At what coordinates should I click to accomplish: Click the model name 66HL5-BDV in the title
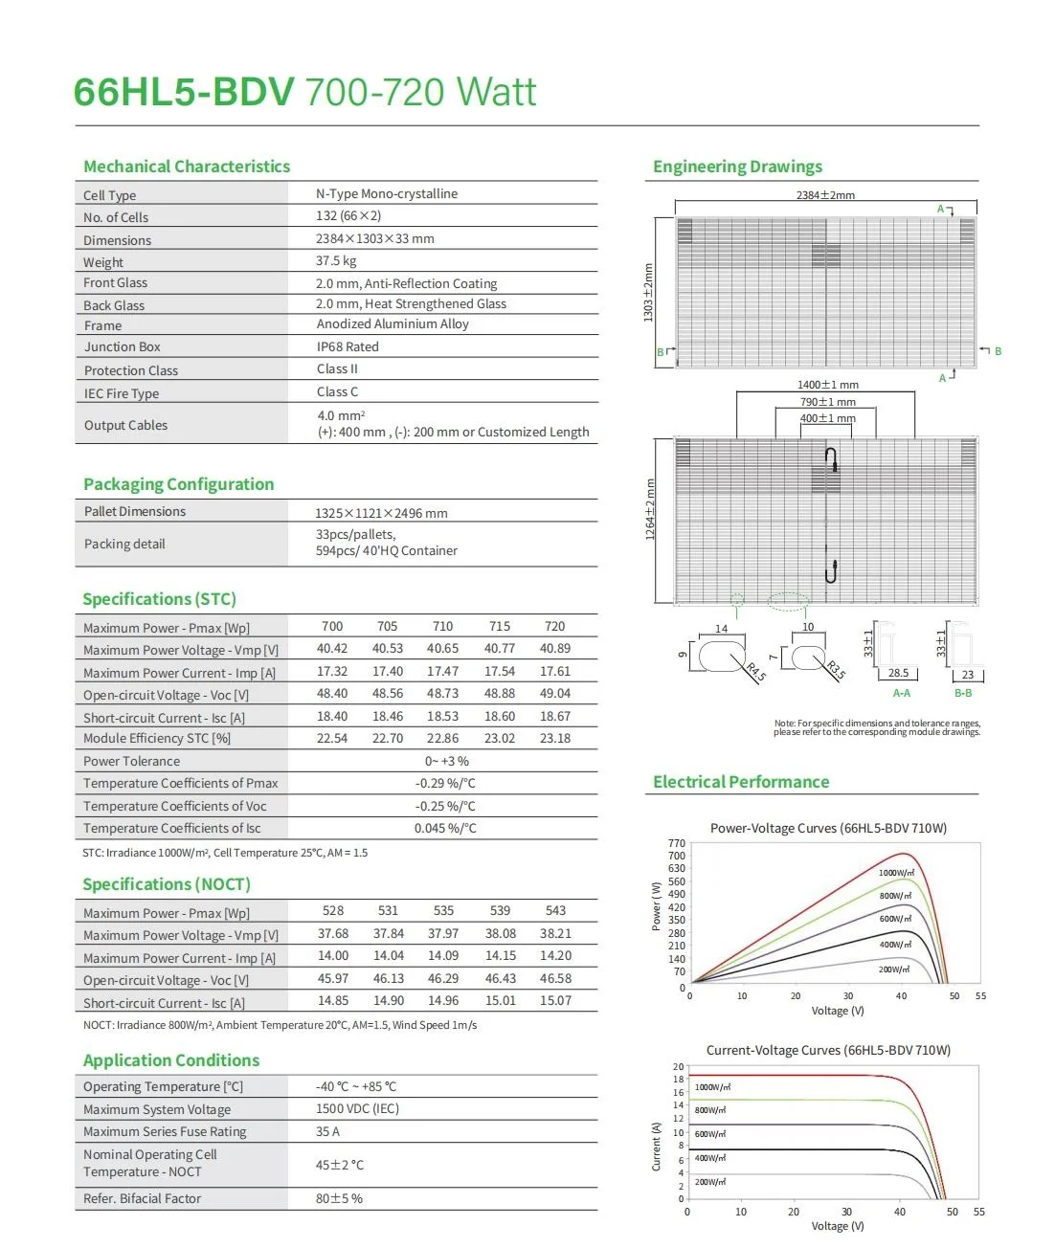[x=184, y=93]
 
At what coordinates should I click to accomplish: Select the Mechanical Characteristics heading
[x=187, y=167]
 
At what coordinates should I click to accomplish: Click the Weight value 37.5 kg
[x=336, y=260]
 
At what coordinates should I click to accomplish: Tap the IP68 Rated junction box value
[x=348, y=346]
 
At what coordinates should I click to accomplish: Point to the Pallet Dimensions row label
[x=135, y=511]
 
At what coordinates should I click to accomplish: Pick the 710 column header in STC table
[x=442, y=626]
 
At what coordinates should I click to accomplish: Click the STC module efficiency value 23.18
[x=555, y=738]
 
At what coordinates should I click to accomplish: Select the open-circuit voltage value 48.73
[x=442, y=693]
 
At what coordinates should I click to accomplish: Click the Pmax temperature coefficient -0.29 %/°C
[x=445, y=783]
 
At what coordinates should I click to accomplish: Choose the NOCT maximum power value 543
[x=555, y=910]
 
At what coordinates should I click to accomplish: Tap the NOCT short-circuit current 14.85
[x=333, y=1000]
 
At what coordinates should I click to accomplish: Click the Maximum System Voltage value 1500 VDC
[x=357, y=1108]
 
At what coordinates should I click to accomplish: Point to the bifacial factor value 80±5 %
[x=339, y=1198]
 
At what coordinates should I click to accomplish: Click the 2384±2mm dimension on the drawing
[x=825, y=195]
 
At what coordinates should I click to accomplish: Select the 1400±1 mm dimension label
[x=828, y=385]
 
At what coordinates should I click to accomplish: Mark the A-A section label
[x=901, y=693]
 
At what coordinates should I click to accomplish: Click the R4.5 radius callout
[x=755, y=671]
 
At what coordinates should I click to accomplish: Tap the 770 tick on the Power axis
[x=677, y=843]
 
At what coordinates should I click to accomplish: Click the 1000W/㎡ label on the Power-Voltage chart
[x=896, y=873]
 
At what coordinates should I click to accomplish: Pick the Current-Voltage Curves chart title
[x=828, y=1050]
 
